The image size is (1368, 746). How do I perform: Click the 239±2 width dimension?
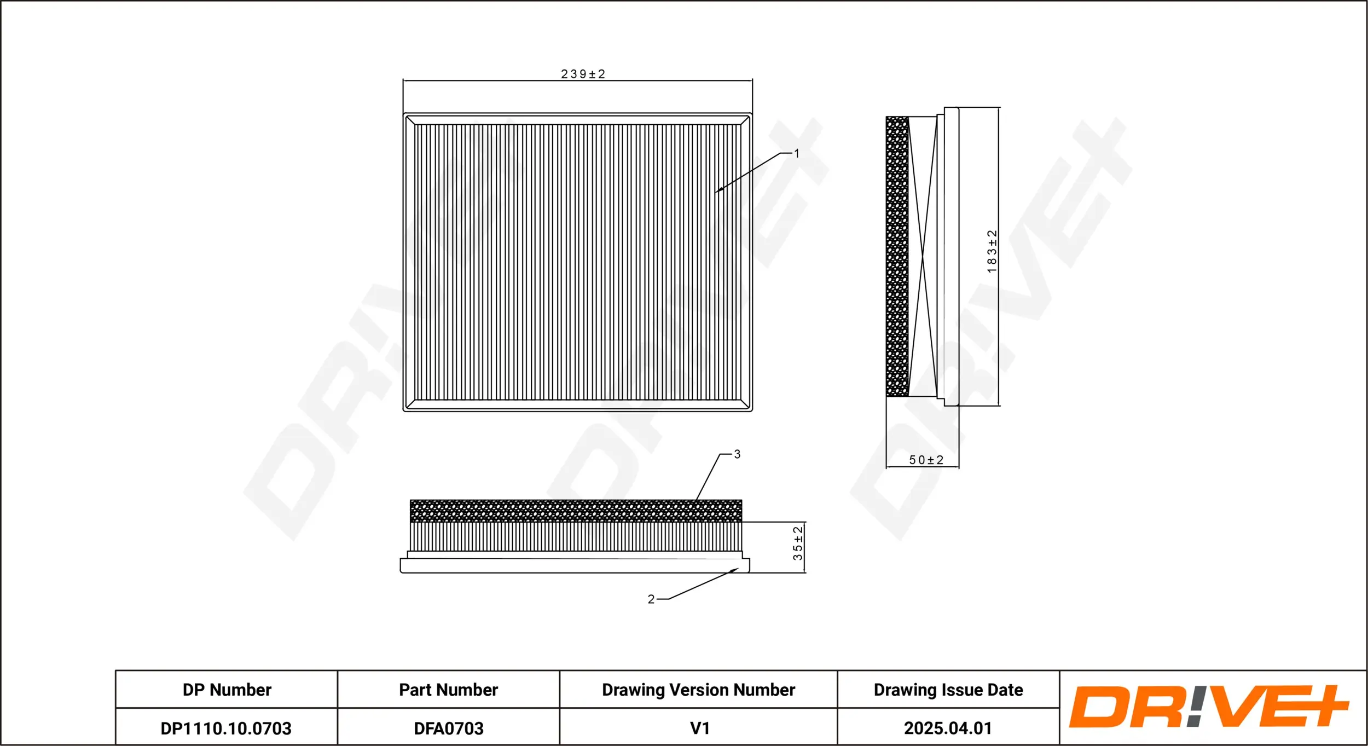point(583,74)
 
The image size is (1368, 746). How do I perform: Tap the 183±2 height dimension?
point(992,252)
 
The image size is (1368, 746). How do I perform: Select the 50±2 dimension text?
point(926,460)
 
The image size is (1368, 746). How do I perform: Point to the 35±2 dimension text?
point(798,543)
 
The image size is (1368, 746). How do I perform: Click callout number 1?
point(797,154)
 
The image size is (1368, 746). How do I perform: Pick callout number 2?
point(651,599)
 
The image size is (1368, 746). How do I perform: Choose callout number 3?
point(737,454)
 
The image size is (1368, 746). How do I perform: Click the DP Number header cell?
point(227,690)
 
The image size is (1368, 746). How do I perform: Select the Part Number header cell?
point(448,690)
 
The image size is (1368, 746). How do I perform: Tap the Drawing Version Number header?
point(698,690)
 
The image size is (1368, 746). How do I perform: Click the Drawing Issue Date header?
point(948,690)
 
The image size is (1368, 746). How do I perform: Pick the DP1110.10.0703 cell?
point(226,728)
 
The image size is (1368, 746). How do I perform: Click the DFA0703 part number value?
point(448,728)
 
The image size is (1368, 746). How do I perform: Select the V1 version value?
point(699,728)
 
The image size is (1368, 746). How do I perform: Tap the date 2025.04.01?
point(948,728)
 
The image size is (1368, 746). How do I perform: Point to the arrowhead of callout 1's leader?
point(717,191)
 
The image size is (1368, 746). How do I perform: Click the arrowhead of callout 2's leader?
point(735,570)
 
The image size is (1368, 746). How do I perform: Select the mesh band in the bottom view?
point(576,511)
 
